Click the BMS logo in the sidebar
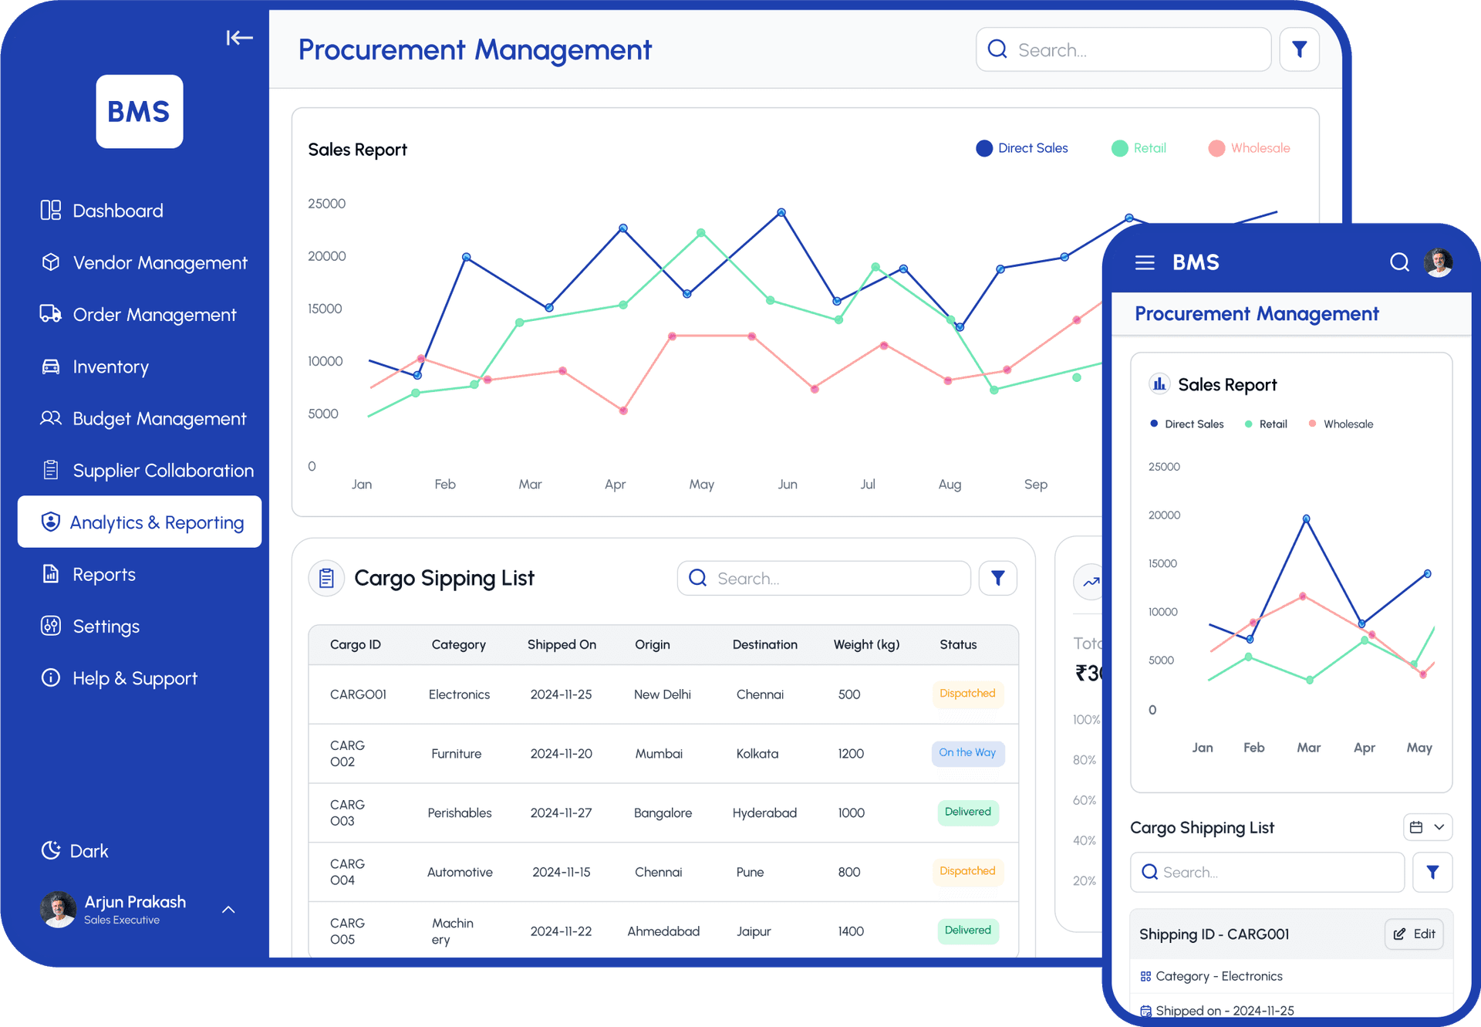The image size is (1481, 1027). [x=139, y=111]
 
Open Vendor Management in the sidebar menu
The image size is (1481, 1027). [x=160, y=263]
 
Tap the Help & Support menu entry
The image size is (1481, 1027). [x=134, y=678]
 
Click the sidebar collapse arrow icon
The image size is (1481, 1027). [x=239, y=38]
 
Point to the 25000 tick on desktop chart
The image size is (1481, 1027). [x=326, y=204]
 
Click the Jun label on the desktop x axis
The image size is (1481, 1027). [x=787, y=485]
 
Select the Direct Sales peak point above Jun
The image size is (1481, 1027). [x=781, y=212]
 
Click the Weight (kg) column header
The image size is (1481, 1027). [x=866, y=644]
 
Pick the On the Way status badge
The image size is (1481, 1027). [x=967, y=752]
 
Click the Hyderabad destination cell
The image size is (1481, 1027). [x=764, y=812]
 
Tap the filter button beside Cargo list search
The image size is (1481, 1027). [x=997, y=578]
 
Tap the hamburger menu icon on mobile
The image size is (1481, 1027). [x=1145, y=262]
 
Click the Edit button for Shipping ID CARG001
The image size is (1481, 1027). [x=1414, y=934]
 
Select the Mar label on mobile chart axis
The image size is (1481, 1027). [x=1308, y=748]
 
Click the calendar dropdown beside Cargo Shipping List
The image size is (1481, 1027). [x=1427, y=827]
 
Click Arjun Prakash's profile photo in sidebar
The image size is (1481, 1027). [x=58, y=909]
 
